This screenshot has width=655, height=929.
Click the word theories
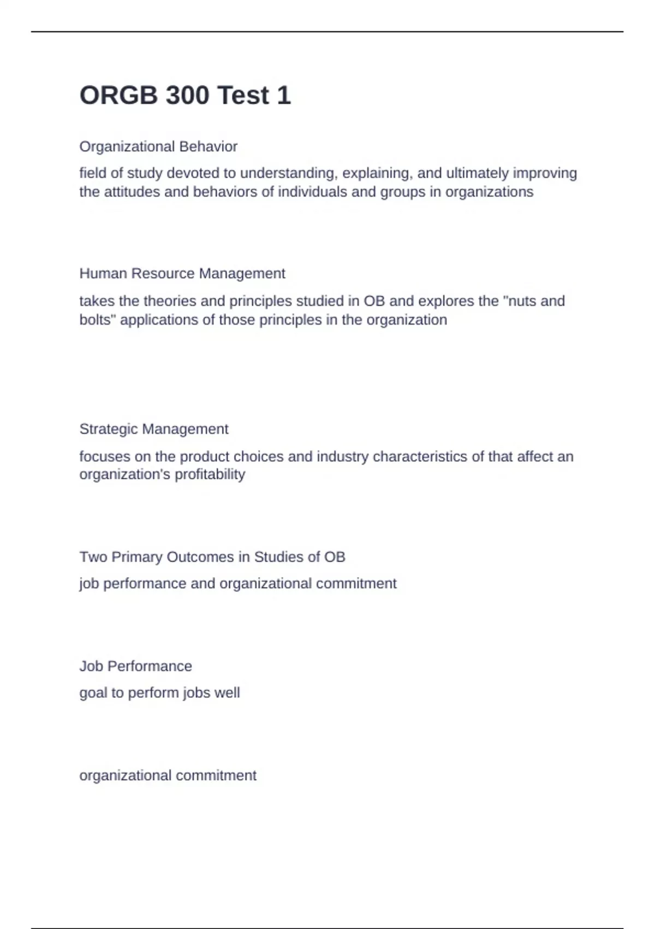coord(170,301)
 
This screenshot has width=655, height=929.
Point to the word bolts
coord(96,320)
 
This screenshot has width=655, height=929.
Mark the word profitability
coord(211,474)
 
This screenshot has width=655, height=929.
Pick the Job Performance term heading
coord(135,666)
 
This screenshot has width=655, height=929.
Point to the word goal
coord(93,693)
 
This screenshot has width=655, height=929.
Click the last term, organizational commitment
coord(168,775)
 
